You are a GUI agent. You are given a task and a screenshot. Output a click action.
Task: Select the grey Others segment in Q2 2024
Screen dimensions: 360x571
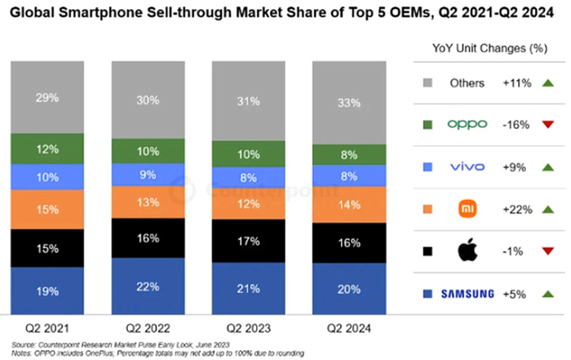pyautogui.click(x=350, y=103)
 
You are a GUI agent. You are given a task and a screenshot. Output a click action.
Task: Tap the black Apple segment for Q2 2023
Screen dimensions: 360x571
pyautogui.click(x=250, y=242)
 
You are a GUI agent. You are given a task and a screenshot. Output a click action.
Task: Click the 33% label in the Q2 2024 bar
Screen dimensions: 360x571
pyautogui.click(x=350, y=103)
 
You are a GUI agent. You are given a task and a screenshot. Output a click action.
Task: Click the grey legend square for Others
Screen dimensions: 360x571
pyautogui.click(x=427, y=82)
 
